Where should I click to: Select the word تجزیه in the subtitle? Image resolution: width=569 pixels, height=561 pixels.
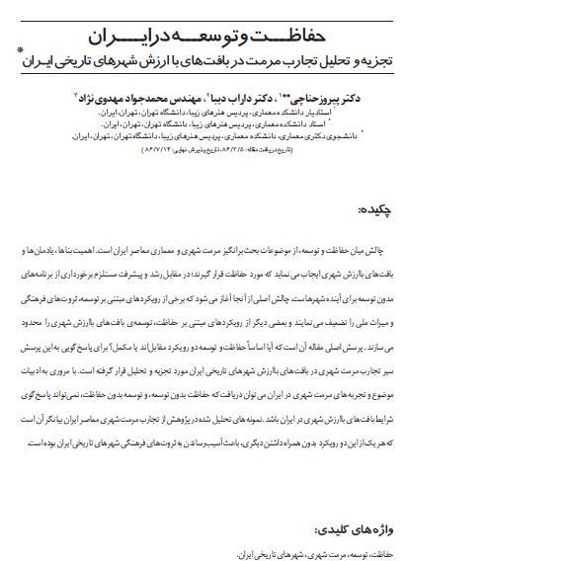coord(373,61)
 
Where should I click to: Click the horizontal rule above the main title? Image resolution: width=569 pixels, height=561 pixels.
coord(227,21)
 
